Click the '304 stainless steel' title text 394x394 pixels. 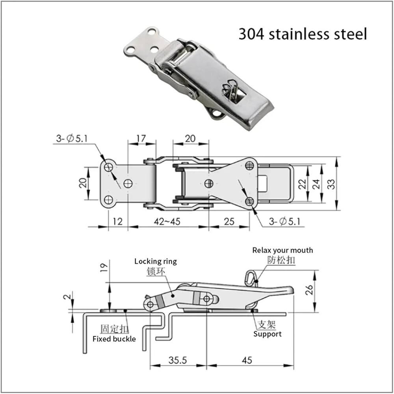(303, 34)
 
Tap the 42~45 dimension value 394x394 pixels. (167, 221)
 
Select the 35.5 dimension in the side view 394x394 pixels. (178, 360)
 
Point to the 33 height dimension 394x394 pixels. (331, 184)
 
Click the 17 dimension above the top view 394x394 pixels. (141, 138)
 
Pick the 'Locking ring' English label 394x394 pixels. (156, 261)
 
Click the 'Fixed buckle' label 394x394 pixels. (114, 339)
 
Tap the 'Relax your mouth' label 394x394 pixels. (282, 250)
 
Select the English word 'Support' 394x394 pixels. (268, 334)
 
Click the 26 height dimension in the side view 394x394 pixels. (310, 290)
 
